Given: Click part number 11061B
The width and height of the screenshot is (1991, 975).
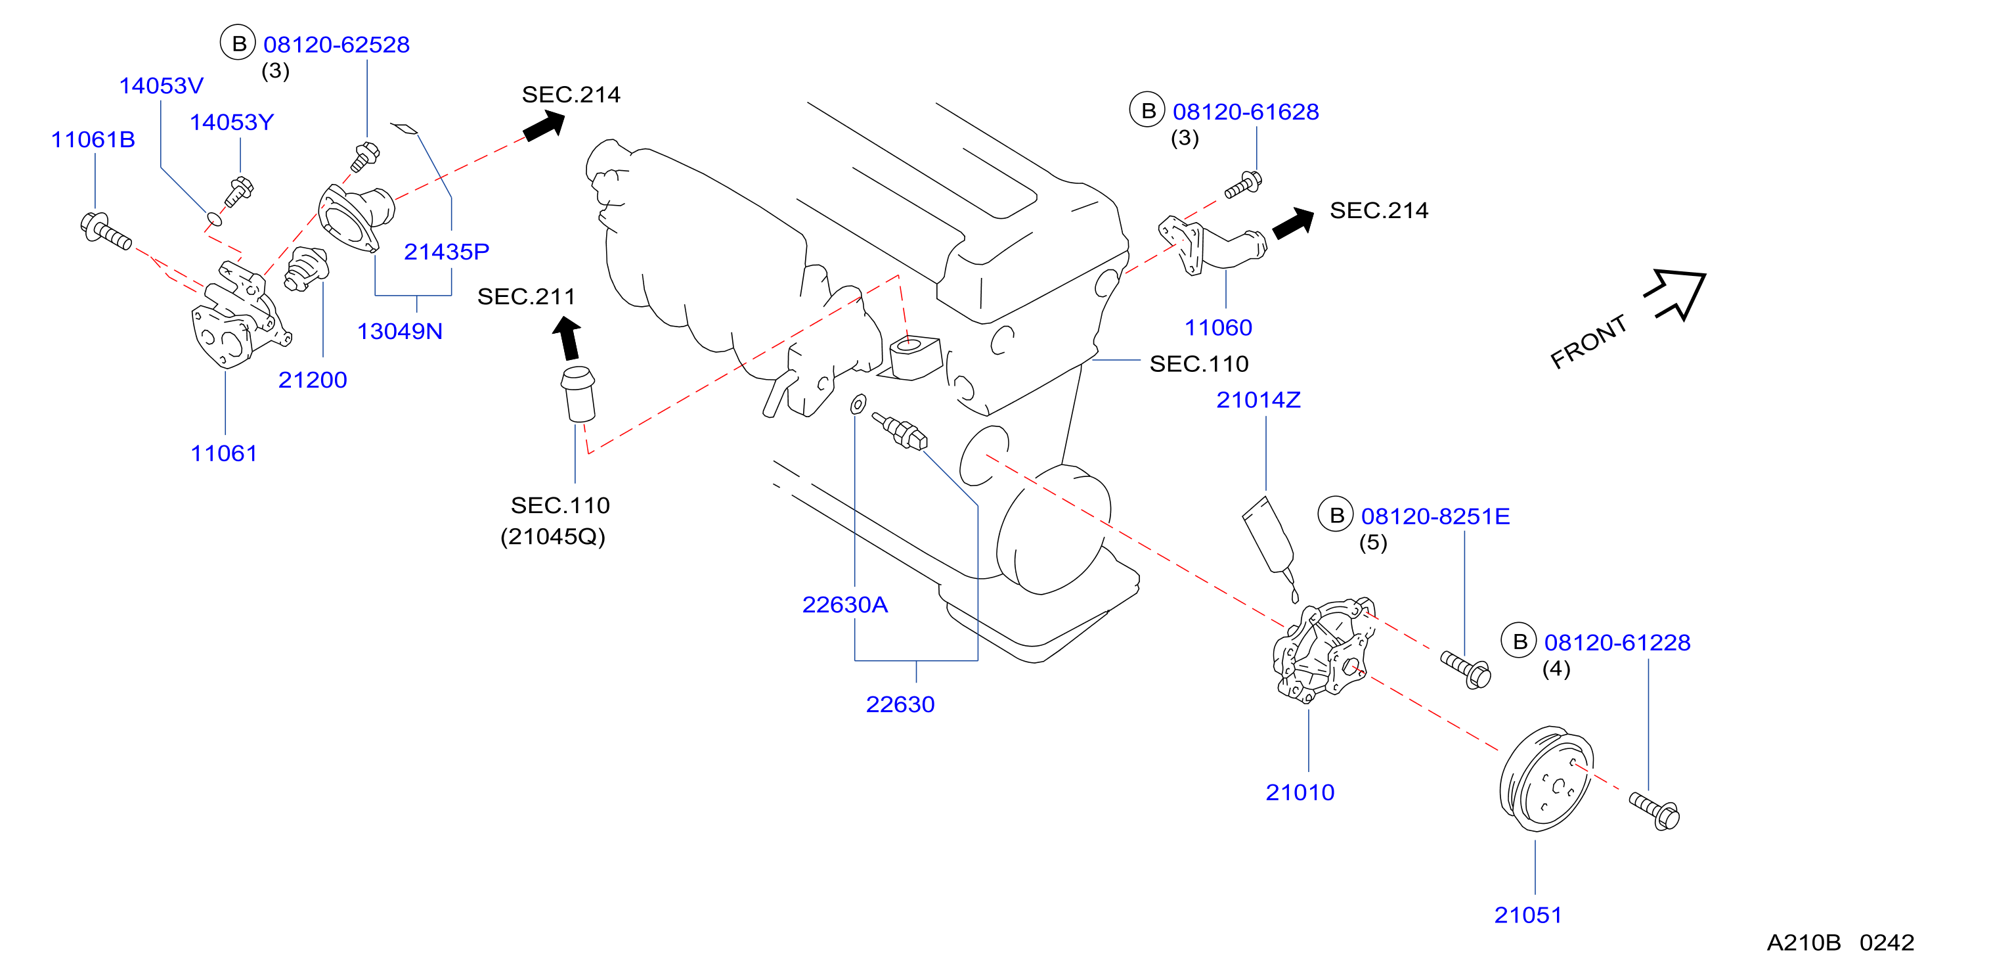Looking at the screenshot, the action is click(x=93, y=140).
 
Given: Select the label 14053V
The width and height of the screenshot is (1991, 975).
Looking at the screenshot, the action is click(x=161, y=86).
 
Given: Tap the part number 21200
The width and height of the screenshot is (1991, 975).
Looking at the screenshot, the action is click(x=313, y=380).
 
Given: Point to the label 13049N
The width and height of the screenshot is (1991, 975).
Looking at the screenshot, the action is click(x=400, y=332).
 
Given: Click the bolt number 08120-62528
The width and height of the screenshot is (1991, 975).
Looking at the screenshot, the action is click(x=336, y=45).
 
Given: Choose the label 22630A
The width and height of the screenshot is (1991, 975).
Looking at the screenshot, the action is click(x=844, y=604).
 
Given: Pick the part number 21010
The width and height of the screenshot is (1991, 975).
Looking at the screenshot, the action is click(x=1300, y=792).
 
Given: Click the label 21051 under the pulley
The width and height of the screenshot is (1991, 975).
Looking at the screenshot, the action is click(x=1528, y=915).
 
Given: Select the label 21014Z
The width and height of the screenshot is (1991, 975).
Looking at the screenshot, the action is click(x=1258, y=401).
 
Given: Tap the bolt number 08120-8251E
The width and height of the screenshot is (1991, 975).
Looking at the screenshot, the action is click(x=1435, y=516).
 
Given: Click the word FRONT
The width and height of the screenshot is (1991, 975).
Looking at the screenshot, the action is click(x=1589, y=342).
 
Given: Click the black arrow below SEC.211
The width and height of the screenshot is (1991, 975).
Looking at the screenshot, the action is click(x=567, y=338).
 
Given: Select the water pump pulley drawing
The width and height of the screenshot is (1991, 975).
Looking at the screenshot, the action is click(x=1546, y=779).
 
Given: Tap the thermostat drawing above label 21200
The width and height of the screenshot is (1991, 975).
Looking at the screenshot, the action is click(x=306, y=269).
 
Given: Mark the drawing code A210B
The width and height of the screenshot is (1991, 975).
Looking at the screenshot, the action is click(x=1803, y=943).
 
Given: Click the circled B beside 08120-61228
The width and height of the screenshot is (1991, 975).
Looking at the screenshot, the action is click(x=1520, y=641).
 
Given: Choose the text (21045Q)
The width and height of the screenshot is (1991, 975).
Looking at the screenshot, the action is click(x=553, y=537).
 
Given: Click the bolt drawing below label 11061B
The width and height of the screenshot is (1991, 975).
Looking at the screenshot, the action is click(x=106, y=231).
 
